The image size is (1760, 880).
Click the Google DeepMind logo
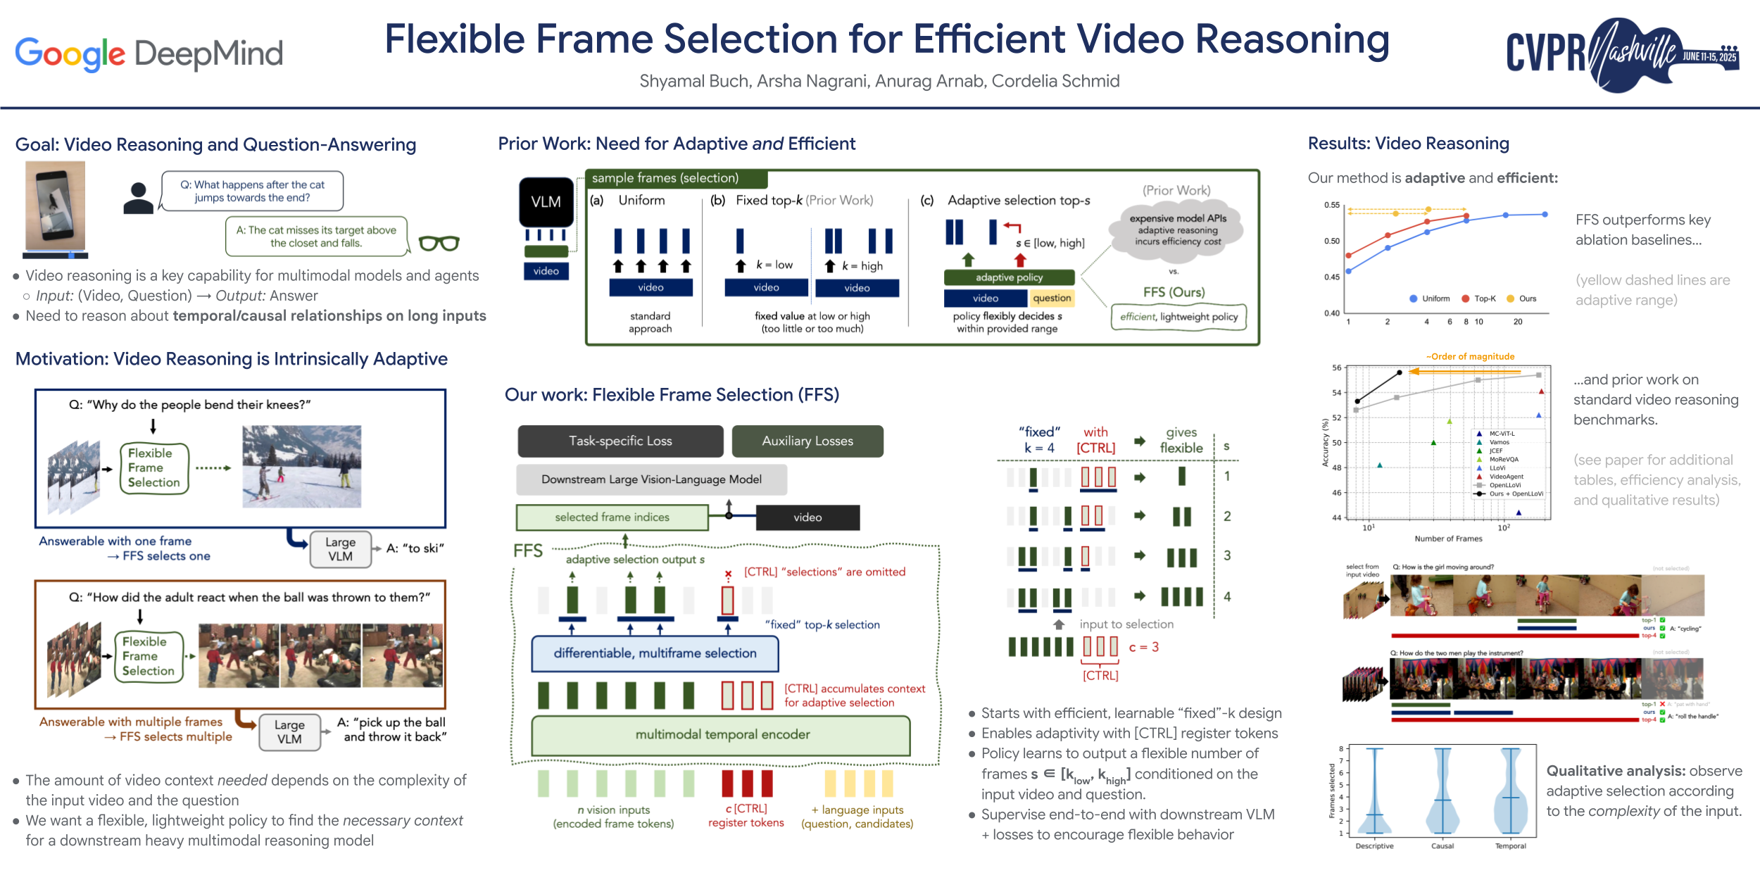click(149, 54)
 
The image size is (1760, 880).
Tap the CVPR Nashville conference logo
click(1622, 54)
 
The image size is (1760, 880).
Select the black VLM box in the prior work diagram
click(546, 202)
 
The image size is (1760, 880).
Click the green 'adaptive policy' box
click(1009, 277)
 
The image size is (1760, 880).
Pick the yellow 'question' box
click(1052, 298)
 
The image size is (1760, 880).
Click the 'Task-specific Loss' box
click(620, 441)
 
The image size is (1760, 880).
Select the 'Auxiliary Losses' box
click(807, 441)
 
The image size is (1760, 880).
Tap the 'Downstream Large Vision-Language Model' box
click(651, 479)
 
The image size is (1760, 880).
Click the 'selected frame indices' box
click(612, 517)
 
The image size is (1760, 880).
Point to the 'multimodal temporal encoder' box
click(722, 735)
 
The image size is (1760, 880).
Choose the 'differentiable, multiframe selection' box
click(655, 653)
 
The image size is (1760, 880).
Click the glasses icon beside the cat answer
click(439, 243)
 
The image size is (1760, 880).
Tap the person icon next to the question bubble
click(138, 198)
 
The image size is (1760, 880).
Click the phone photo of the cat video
click(55, 206)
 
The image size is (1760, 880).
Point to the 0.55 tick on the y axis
click(1332, 205)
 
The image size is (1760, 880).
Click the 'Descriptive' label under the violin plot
click(1374, 846)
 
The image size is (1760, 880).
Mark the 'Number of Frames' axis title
click(1448, 539)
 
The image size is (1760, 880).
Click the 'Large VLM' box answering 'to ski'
click(340, 549)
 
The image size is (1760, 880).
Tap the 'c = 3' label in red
click(1144, 647)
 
